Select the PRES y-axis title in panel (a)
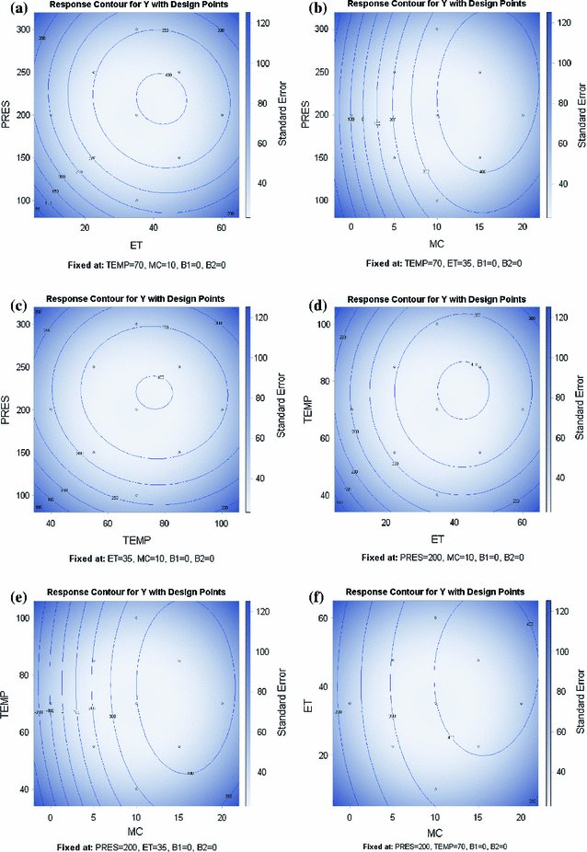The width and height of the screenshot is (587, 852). coord(8,115)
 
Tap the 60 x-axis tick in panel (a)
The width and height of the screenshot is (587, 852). coord(222,227)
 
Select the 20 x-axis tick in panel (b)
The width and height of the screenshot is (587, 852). coord(524,227)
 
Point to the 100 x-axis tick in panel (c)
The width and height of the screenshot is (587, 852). coord(222,522)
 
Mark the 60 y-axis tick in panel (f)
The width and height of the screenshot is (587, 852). coord(322,618)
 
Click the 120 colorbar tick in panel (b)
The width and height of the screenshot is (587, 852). coord(558,20)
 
